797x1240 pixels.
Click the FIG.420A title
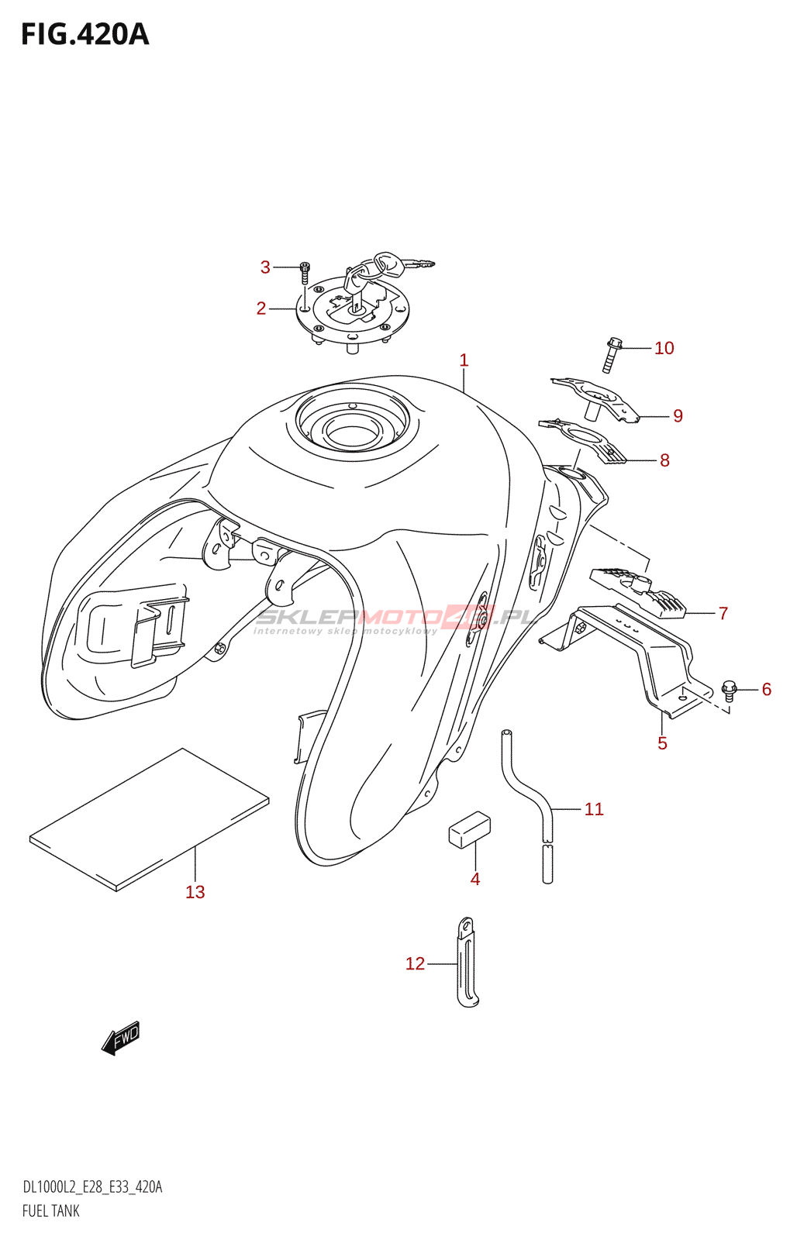pyautogui.click(x=85, y=35)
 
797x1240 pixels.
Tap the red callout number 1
pyautogui.click(x=464, y=360)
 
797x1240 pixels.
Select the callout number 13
pyautogui.click(x=195, y=892)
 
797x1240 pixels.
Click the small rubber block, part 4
pyautogui.click(x=470, y=829)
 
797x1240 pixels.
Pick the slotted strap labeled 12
pyautogui.click(x=466, y=963)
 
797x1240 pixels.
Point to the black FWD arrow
pyautogui.click(x=121, y=1038)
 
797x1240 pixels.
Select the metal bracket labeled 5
pyautogui.click(x=651, y=659)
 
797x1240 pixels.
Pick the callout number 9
pyautogui.click(x=678, y=417)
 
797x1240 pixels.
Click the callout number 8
pyautogui.click(x=664, y=460)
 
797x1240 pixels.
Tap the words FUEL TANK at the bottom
pyautogui.click(x=51, y=1211)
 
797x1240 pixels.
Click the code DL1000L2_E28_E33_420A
pyautogui.click(x=92, y=1187)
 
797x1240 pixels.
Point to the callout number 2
pyautogui.click(x=261, y=308)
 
